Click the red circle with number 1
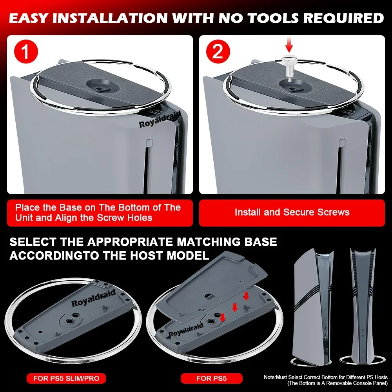click(x=26, y=51)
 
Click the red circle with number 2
click(x=218, y=51)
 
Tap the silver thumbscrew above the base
click(x=289, y=69)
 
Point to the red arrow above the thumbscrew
click(x=290, y=45)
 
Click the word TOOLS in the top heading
click(x=273, y=18)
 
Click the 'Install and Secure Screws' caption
click(x=292, y=212)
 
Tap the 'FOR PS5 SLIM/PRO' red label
click(x=66, y=378)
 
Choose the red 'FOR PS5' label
click(x=212, y=378)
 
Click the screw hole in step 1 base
click(x=100, y=89)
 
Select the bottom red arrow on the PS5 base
click(x=223, y=318)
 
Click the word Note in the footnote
click(x=269, y=377)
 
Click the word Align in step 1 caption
click(x=67, y=218)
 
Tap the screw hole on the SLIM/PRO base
click(x=69, y=320)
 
